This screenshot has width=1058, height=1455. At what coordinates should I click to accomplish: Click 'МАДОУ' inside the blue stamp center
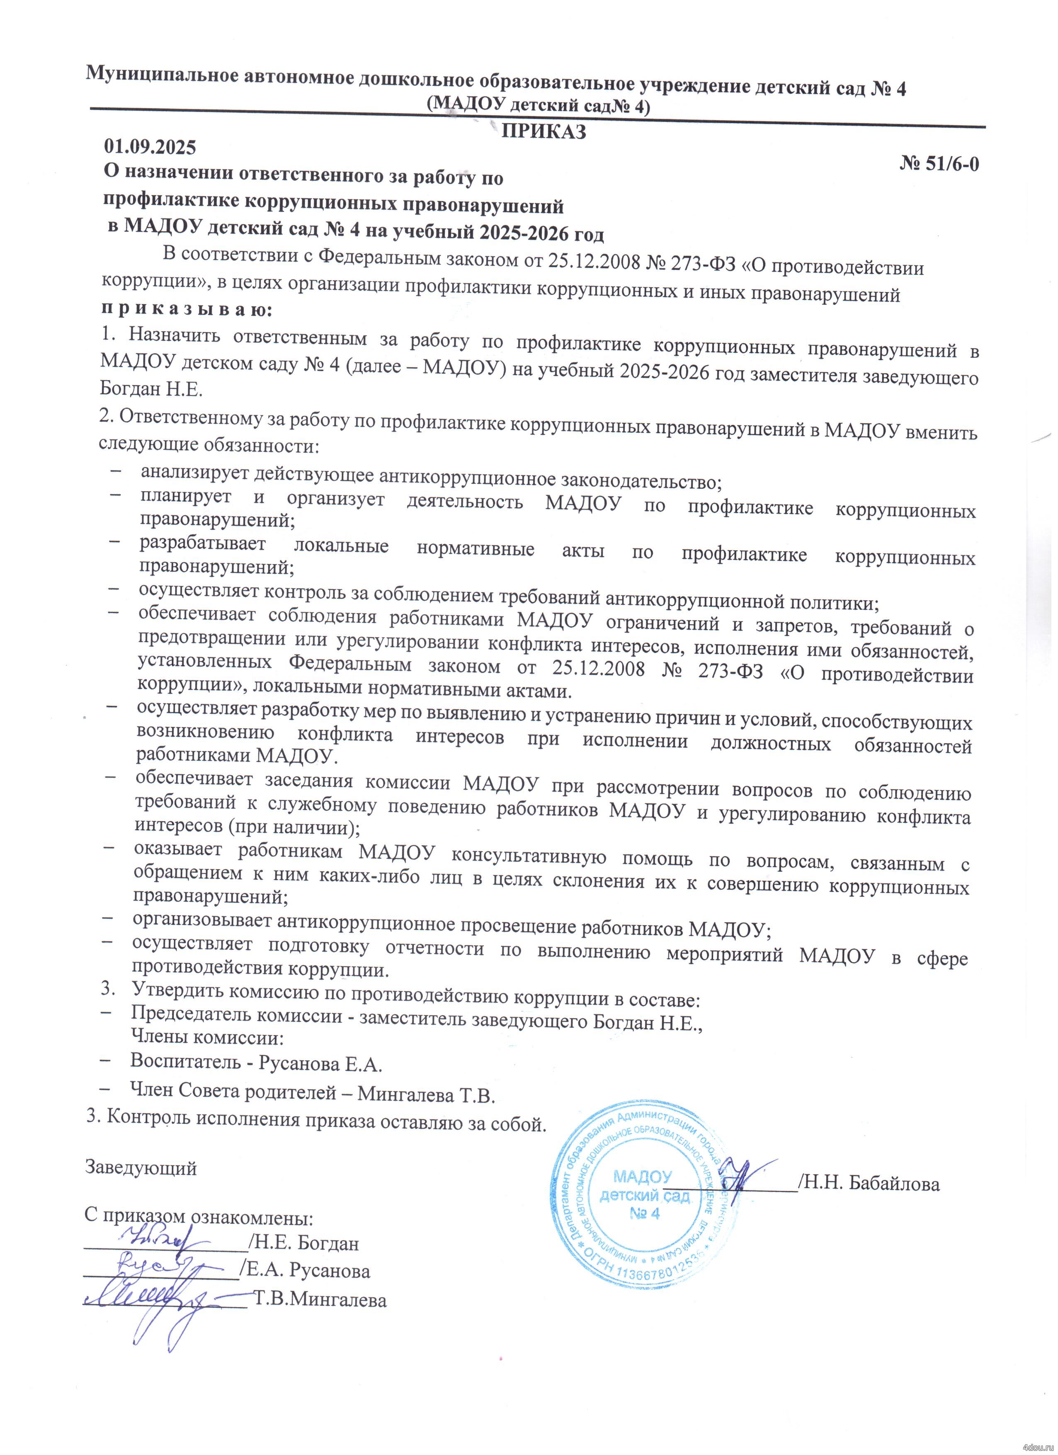pyautogui.click(x=642, y=1176)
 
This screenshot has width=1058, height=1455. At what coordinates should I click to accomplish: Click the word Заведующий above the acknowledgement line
pyautogui.click(x=141, y=1167)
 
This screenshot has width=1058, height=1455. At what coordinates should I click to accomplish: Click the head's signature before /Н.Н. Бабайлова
pyautogui.click(x=744, y=1174)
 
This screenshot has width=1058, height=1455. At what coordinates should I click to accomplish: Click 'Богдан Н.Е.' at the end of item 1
pyautogui.click(x=151, y=389)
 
